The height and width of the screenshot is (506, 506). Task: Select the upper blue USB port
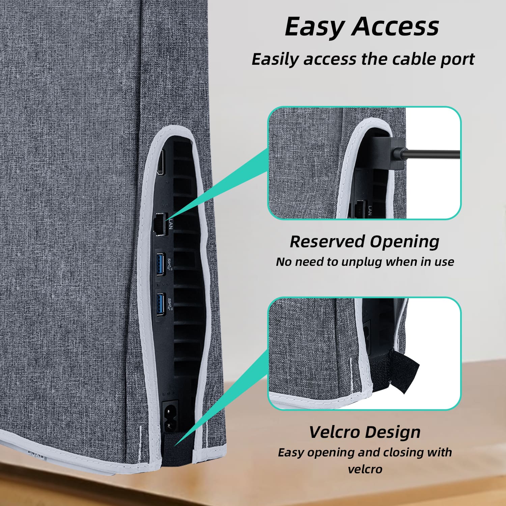pyautogui.click(x=160, y=263)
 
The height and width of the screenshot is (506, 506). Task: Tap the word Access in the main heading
pyautogui.click(x=395, y=27)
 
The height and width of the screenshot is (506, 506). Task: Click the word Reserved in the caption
pyautogui.click(x=327, y=242)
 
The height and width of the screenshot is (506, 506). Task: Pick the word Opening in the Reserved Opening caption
pyautogui.click(x=404, y=242)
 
